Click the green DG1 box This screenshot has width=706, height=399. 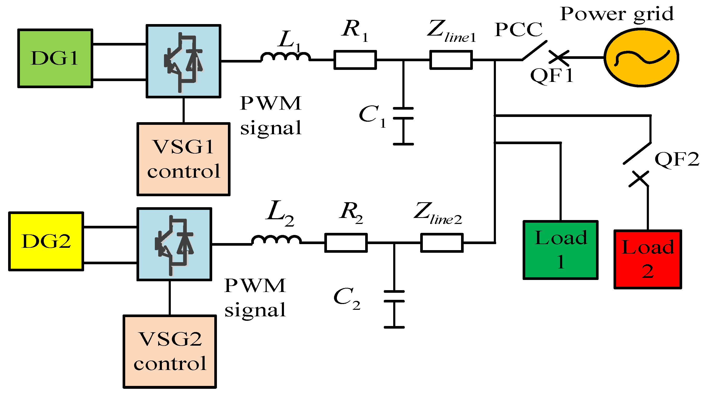click(x=55, y=58)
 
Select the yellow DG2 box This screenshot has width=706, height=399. click(x=46, y=241)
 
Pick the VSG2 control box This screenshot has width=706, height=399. click(x=169, y=352)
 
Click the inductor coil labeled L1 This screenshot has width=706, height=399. click(x=285, y=57)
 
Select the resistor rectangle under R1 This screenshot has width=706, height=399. click(x=355, y=60)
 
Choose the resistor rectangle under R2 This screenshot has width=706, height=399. click(x=346, y=243)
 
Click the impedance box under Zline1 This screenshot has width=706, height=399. click(x=451, y=60)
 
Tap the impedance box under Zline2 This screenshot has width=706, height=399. click(x=441, y=243)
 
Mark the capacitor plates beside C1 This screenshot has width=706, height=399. click(x=403, y=114)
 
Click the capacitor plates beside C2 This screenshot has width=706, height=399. click(x=394, y=296)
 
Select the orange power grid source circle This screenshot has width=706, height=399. click(x=641, y=58)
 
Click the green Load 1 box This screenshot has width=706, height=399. click(x=560, y=250)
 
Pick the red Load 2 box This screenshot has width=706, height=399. click(x=648, y=259)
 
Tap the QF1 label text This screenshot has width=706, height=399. click(x=551, y=75)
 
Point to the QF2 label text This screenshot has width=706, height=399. click(x=677, y=159)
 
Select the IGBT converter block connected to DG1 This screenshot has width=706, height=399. click(x=183, y=61)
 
